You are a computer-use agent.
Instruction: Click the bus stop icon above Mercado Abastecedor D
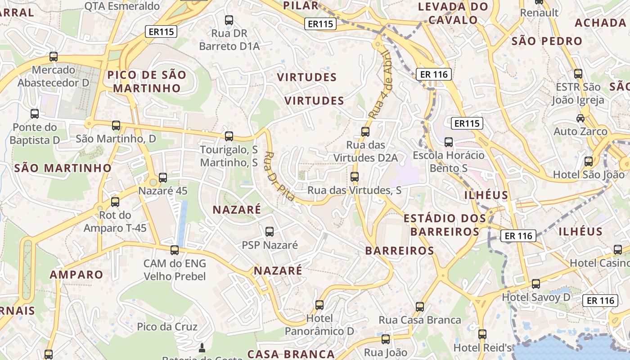(54, 57)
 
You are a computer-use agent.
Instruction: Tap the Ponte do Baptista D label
(35, 134)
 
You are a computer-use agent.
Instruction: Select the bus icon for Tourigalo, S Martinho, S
(229, 136)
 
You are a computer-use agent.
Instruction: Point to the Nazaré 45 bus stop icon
(163, 178)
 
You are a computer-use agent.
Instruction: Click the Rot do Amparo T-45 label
(115, 221)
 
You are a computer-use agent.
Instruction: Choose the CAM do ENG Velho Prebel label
(175, 270)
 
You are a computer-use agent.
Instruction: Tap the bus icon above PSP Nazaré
(270, 232)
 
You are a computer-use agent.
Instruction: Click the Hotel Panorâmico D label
(319, 324)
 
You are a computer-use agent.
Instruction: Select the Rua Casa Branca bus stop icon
(420, 307)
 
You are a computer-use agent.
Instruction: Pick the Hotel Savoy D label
(536, 297)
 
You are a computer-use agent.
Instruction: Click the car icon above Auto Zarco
(580, 118)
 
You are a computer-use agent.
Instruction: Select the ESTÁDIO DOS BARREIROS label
(445, 225)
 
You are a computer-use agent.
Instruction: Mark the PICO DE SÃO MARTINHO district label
(147, 81)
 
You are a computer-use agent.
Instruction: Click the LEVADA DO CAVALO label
(453, 13)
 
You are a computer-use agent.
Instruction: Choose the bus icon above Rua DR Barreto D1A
(229, 20)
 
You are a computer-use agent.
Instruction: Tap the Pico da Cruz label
(167, 326)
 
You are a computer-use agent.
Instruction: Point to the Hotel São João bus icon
(589, 162)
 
